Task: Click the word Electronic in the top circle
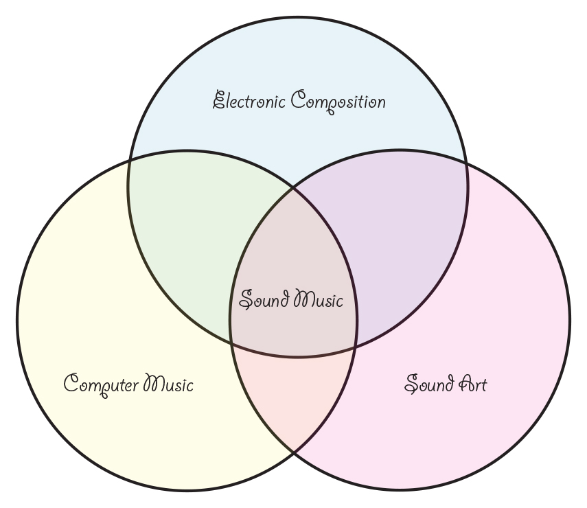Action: pyautogui.click(x=249, y=100)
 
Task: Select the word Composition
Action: pyautogui.click(x=338, y=102)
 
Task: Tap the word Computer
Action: pyautogui.click(x=102, y=385)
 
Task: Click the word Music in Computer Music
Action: pyautogui.click(x=168, y=383)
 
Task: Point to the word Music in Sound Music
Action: pyautogui.click(x=318, y=299)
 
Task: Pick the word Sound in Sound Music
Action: pyautogui.click(x=264, y=299)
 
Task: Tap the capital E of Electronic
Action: pyautogui.click(x=219, y=100)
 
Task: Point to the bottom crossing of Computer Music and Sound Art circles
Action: pyautogui.click(x=294, y=453)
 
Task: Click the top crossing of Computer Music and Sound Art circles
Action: pyautogui.click(x=294, y=188)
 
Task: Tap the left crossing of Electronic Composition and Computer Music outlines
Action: pyautogui.click(x=130, y=161)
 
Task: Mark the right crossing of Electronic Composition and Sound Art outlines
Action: pyautogui.click(x=466, y=162)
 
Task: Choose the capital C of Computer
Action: pyautogui.click(x=71, y=382)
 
